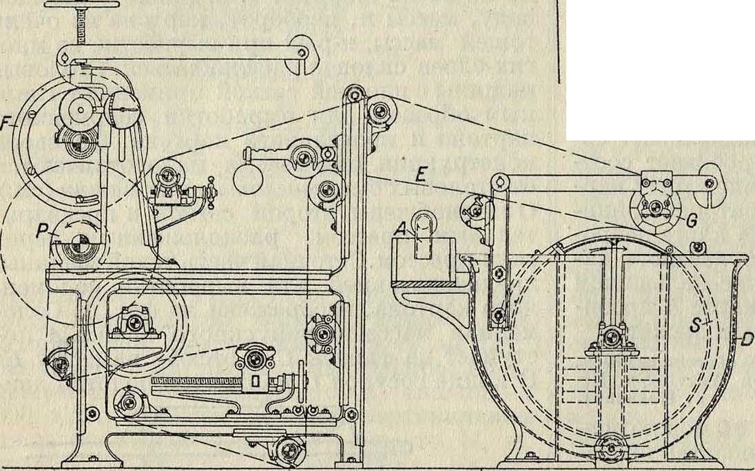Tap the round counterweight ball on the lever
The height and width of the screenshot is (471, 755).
(247, 178)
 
